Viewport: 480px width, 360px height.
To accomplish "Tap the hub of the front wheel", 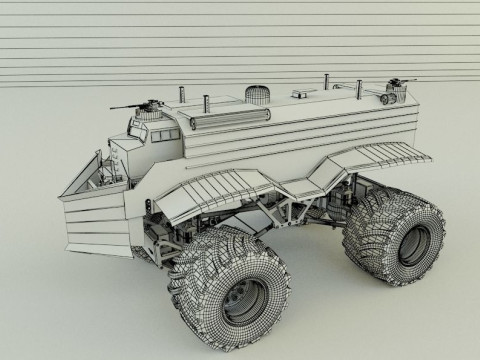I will click(x=240, y=296).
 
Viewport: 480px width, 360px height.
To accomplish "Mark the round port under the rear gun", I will click(x=389, y=100).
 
